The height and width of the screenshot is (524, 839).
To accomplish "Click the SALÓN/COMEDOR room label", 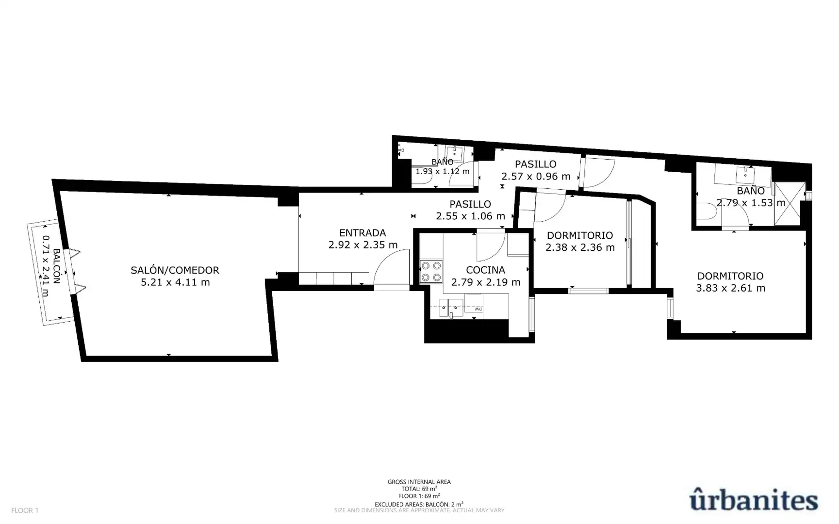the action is coord(175,270).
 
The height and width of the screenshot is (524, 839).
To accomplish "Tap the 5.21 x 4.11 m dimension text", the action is coord(175,282).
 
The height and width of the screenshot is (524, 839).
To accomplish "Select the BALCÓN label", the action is coord(56,266).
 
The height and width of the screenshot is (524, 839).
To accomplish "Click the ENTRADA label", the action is coord(362,233).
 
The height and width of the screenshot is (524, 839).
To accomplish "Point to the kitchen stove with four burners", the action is coord(431,272).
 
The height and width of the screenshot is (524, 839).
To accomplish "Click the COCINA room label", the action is coord(485,270).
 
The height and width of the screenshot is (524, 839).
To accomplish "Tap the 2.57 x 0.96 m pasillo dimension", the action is coord(536,177).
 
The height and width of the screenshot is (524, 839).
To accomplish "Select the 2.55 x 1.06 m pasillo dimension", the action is coord(470,216).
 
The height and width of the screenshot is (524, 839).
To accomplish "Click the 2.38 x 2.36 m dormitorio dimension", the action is coord(580,247).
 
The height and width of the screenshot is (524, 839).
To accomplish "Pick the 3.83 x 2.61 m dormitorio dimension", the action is coord(730,288).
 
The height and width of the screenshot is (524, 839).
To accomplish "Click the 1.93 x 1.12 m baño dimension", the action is coord(443,171).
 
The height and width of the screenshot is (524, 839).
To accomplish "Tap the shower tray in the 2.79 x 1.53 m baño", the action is coord(790,204).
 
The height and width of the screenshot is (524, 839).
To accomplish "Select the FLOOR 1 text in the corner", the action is coord(25,510).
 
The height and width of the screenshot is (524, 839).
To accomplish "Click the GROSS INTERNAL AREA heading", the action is coord(419,482).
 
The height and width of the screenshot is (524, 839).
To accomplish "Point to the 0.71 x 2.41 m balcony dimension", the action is coord(46,266).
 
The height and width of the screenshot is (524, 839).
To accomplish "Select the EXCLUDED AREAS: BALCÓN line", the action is coord(419,504).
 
